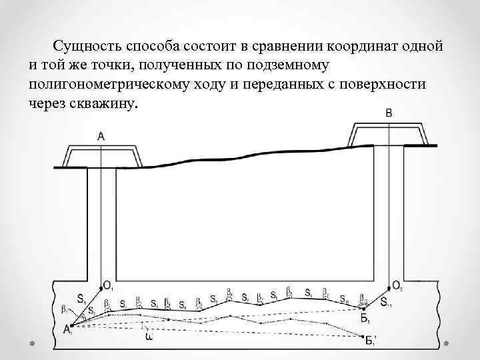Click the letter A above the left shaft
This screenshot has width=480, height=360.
click(x=101, y=136)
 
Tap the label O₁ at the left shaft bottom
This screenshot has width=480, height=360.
click(x=109, y=287)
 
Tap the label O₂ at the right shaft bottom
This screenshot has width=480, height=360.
click(x=398, y=287)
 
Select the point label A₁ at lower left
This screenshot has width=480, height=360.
click(x=68, y=329)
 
